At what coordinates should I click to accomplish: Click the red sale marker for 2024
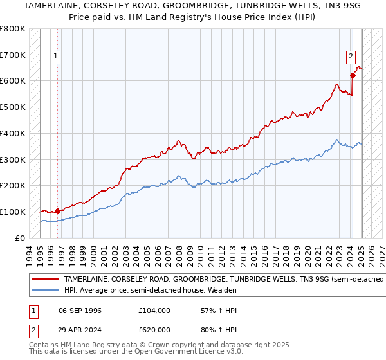tap(353, 75)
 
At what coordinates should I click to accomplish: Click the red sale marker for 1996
tap(57, 210)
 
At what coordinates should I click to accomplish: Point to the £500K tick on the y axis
tap(14, 107)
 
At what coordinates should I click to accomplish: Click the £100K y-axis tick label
tap(14, 212)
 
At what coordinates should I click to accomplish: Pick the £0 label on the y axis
tap(20, 238)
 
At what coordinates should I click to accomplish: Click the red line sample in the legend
tap(45, 279)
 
